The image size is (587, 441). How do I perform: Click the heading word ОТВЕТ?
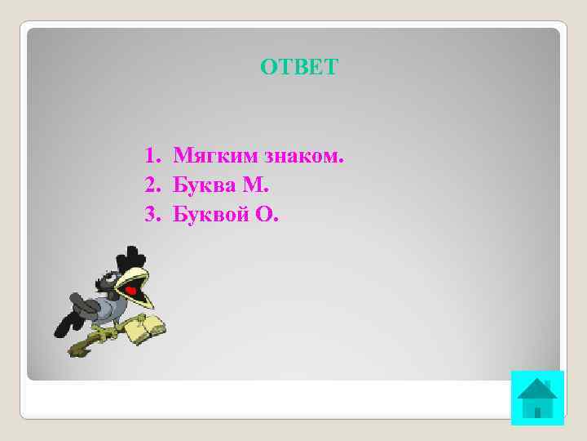click(298, 67)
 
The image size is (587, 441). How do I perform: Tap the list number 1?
click(150, 155)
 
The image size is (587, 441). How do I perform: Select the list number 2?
click(150, 185)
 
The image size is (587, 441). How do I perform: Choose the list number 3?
click(150, 216)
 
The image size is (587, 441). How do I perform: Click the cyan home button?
click(537, 398)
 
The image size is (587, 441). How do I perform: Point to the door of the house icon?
click(537, 408)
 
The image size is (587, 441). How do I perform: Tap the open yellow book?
click(147, 327)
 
